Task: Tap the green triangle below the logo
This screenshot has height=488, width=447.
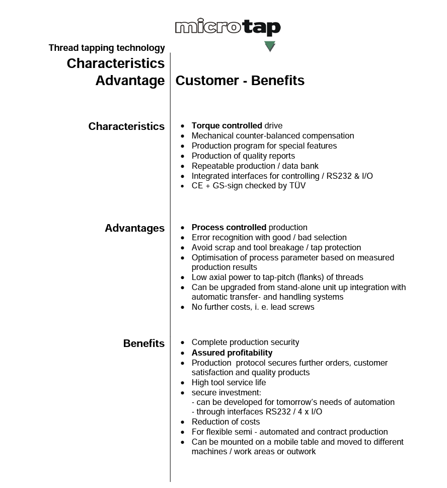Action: point(270,47)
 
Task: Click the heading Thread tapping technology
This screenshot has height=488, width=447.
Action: point(107,48)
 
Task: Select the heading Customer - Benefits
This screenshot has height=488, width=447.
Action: point(240,81)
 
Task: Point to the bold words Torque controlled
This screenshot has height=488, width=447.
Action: point(227,126)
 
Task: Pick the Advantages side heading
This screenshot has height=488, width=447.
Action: point(134,228)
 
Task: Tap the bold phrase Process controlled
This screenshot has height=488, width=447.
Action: point(229,228)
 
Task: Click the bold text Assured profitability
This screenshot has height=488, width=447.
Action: point(232,353)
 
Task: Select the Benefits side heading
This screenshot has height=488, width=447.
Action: point(143,343)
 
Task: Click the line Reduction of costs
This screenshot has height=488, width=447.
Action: point(226,422)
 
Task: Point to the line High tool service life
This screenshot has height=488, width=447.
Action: point(229,383)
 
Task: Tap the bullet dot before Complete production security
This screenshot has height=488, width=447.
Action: point(182,343)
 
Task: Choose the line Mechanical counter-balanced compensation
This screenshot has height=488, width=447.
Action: point(272,136)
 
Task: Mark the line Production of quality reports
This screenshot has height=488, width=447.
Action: point(243,156)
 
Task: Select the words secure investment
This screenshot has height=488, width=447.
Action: point(226,392)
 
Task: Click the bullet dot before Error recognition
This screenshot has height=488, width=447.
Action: point(182,238)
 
